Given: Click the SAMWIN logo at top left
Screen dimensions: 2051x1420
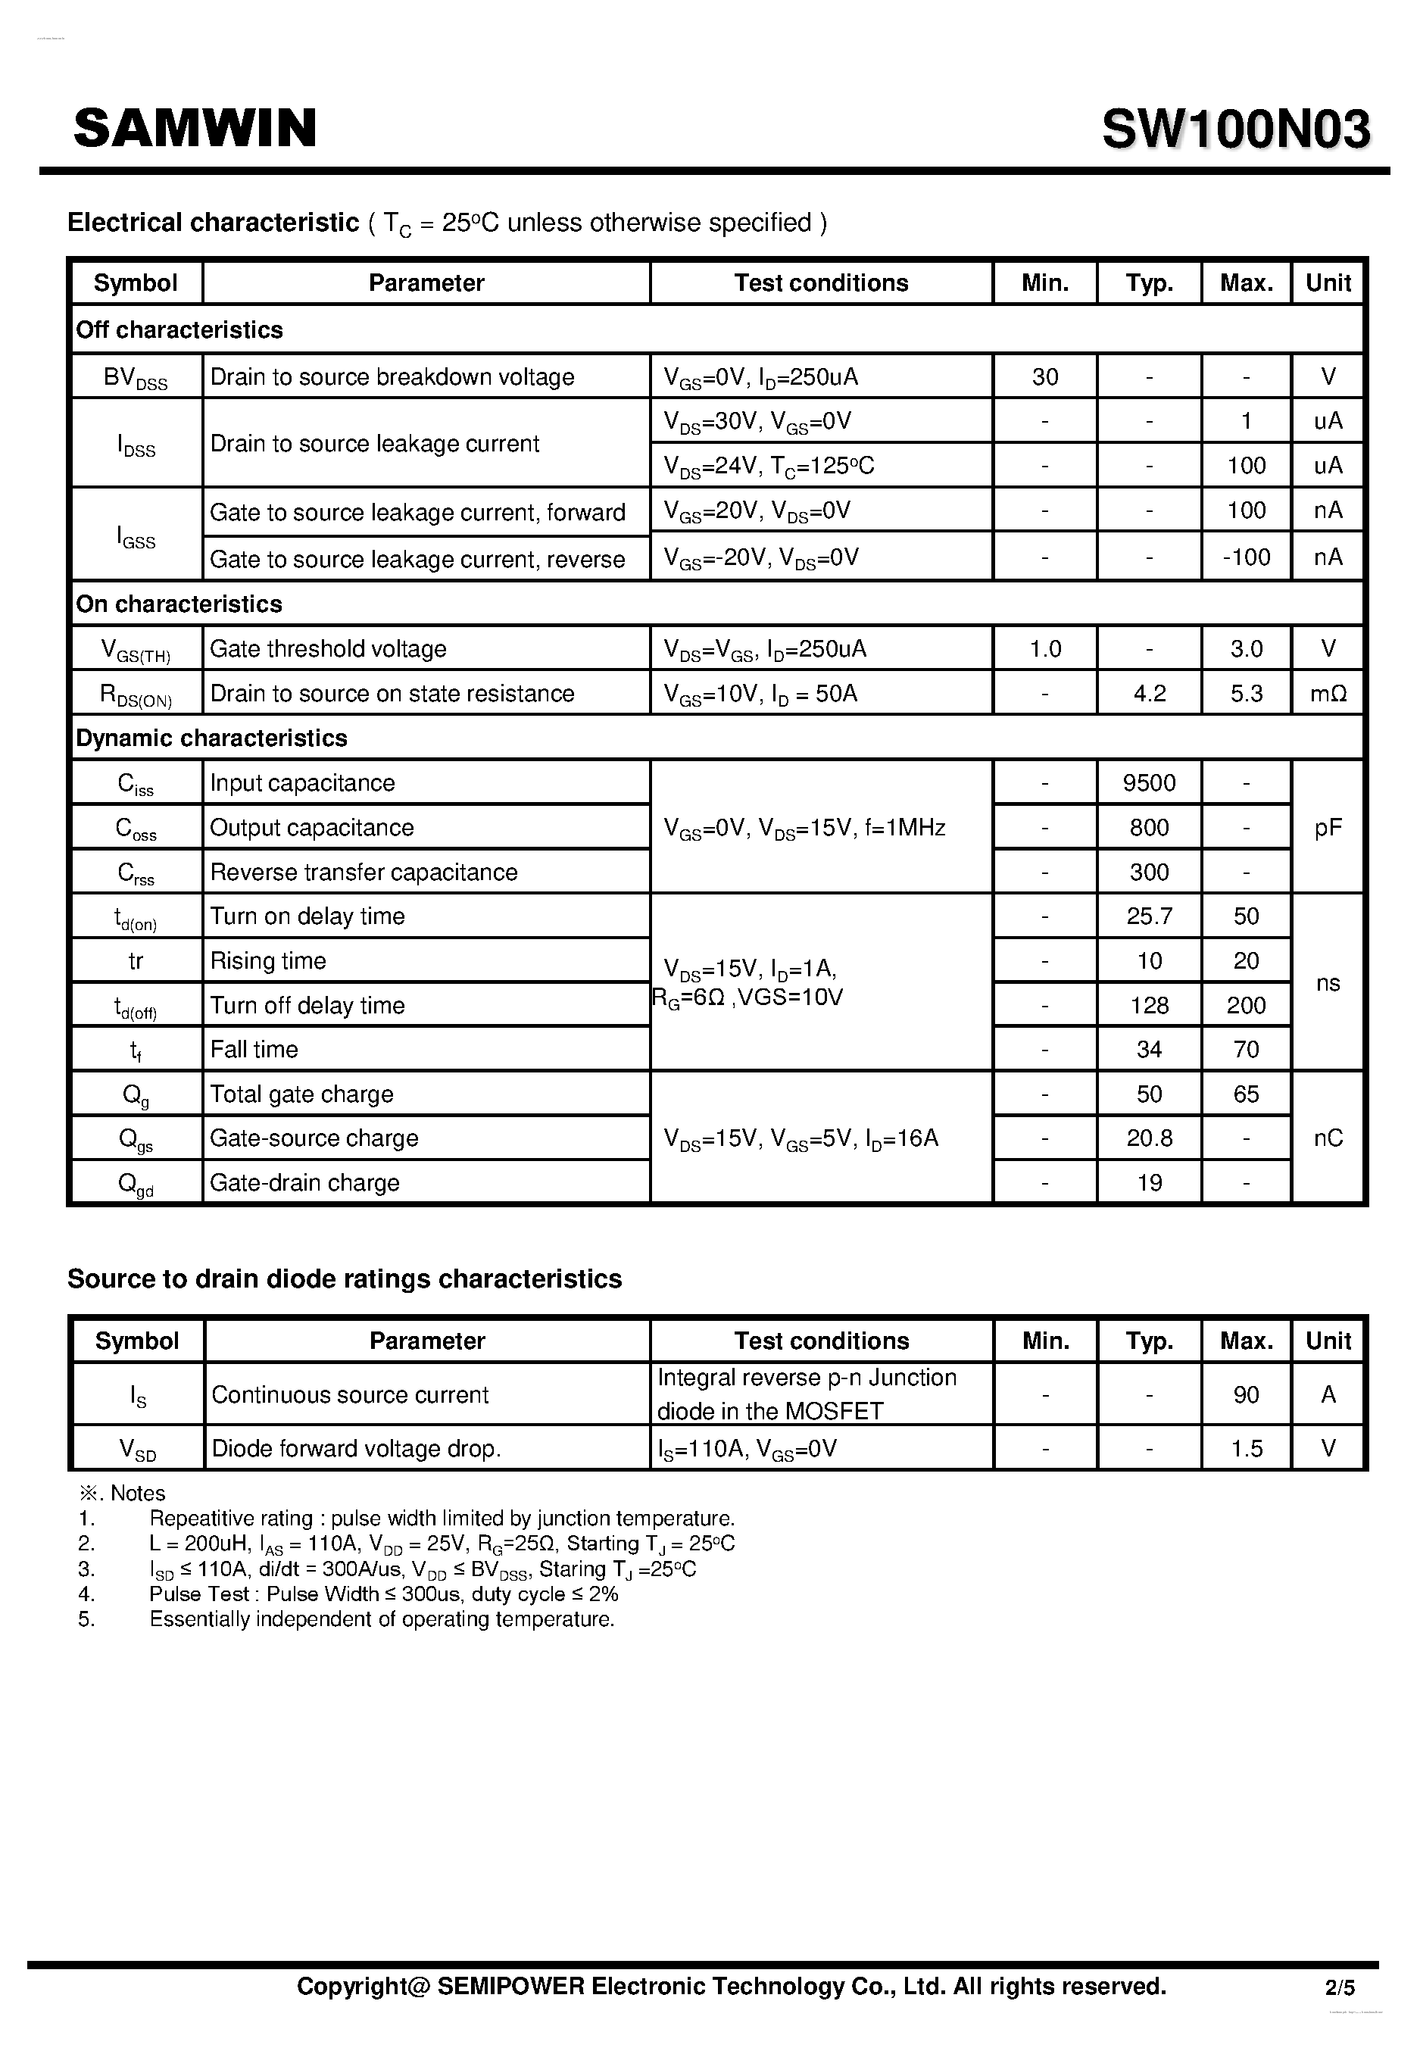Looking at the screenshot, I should pos(195,128).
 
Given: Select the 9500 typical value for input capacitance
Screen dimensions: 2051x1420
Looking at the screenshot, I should pos(1149,783).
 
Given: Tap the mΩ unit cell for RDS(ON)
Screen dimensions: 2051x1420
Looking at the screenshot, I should pos(1328,694).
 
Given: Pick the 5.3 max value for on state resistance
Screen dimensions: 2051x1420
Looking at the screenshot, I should pos(1246,694).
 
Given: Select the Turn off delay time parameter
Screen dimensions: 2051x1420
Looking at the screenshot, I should pos(307,1006).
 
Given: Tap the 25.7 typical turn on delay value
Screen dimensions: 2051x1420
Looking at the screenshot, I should pos(1149,916).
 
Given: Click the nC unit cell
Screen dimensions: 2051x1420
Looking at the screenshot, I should pos(1328,1138).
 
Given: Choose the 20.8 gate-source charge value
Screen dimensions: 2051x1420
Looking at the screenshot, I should pos(1149,1138).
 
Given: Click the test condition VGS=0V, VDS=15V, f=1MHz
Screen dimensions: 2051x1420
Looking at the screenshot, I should pos(804,829).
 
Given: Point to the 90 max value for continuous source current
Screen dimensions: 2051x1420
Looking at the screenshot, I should pos(1246,1395).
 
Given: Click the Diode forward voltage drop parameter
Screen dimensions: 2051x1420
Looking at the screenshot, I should pos(356,1450).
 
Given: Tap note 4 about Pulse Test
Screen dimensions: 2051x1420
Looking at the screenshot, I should pos(382,1594).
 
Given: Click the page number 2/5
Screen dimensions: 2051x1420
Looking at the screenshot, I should pos(1339,1986).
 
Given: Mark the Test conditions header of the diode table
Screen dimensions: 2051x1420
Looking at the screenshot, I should pos(821,1341).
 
